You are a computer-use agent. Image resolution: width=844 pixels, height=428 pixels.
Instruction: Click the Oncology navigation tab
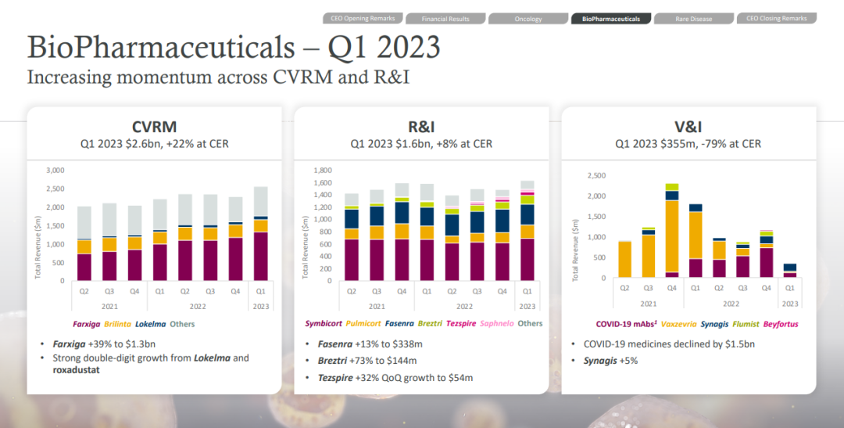(x=528, y=19)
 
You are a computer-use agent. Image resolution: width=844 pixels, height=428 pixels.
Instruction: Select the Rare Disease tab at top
(x=693, y=19)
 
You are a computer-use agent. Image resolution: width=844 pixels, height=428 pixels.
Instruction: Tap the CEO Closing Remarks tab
(x=776, y=18)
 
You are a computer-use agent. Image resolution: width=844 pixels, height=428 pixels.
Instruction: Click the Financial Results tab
(x=445, y=19)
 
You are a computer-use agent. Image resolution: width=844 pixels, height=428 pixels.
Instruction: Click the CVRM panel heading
(x=154, y=127)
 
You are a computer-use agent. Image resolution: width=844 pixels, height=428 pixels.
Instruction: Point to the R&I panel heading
(x=420, y=127)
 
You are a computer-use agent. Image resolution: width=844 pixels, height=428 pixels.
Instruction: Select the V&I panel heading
(x=688, y=127)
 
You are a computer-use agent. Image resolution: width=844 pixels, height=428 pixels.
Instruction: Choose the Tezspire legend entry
(x=462, y=324)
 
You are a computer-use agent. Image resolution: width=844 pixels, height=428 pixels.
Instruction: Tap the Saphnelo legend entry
(x=497, y=324)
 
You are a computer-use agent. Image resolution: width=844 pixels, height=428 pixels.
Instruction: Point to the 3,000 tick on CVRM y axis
(x=55, y=170)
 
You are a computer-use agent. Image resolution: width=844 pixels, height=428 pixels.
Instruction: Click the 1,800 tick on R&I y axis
(x=322, y=170)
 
